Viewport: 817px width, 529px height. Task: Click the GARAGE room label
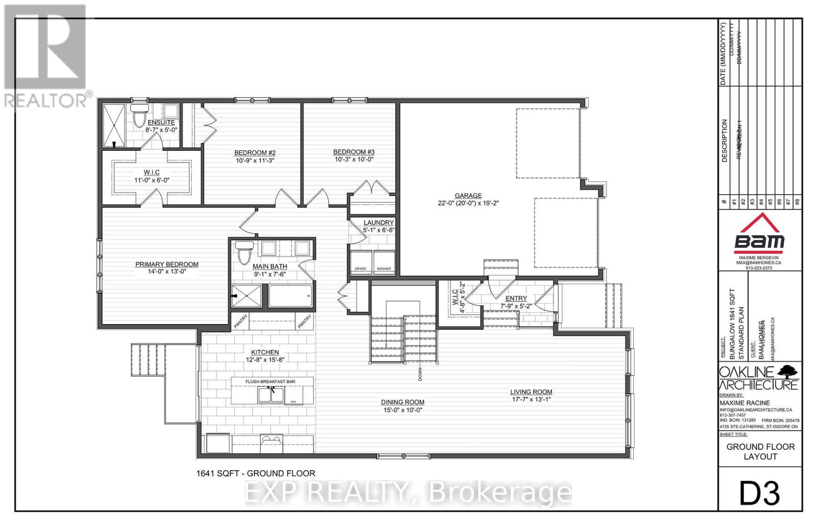point(468,195)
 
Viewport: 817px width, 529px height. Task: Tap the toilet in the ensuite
point(138,117)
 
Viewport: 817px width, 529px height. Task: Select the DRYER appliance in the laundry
point(361,261)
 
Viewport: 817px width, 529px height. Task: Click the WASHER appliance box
point(384,261)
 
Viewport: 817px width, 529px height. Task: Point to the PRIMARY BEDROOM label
point(166,264)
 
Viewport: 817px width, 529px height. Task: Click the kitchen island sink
point(271,395)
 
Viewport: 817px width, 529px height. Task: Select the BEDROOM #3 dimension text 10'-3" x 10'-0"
point(354,159)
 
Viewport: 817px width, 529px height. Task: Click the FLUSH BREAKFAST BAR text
point(270,381)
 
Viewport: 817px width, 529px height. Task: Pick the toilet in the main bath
point(244,251)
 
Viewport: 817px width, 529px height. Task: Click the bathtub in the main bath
point(290,296)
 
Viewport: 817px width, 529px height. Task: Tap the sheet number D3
point(759,494)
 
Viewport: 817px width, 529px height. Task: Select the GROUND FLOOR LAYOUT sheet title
point(760,451)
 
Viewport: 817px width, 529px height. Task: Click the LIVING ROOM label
point(531,392)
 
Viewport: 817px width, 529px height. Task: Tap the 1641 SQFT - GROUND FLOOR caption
point(255,473)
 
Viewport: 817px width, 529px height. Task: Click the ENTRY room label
point(516,298)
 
